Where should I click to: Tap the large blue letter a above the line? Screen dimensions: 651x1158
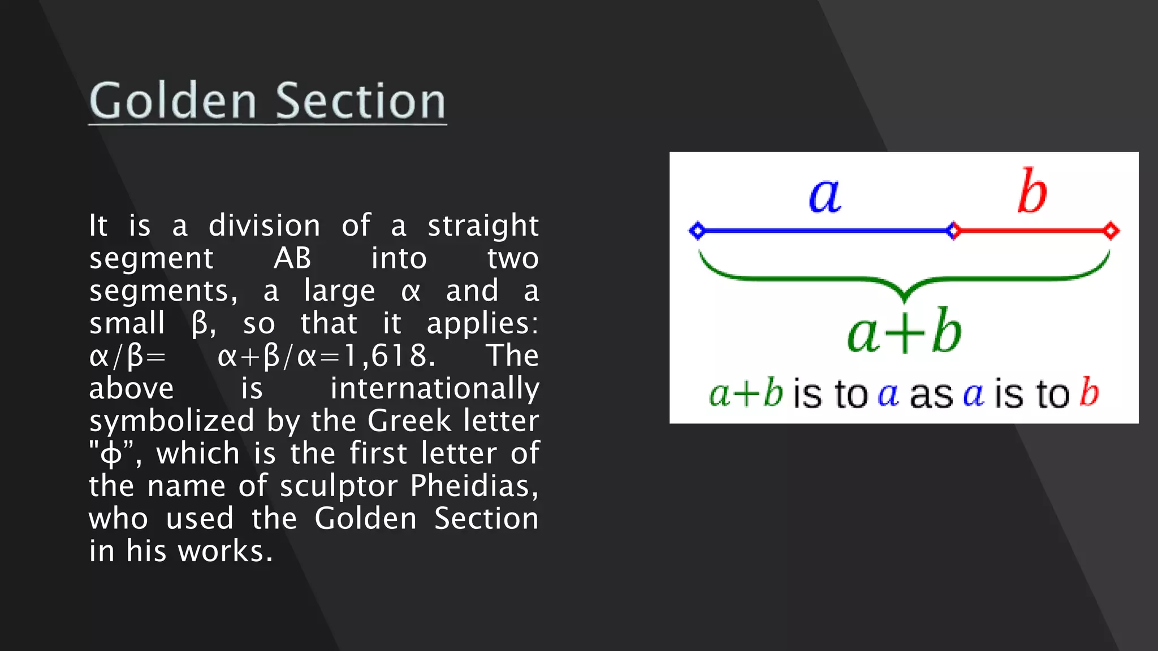(825, 196)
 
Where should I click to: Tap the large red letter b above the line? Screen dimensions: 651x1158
(1032, 192)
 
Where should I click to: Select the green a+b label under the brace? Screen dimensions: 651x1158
(904, 332)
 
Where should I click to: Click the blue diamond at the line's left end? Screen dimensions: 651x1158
(697, 231)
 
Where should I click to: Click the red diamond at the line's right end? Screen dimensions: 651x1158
(1111, 231)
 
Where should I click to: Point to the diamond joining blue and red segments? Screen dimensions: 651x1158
(953, 231)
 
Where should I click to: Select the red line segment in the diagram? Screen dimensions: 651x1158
(1032, 231)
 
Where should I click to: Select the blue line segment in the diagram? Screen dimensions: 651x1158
(825, 231)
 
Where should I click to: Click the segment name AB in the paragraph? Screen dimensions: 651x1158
(292, 258)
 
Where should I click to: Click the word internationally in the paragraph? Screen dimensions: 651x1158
(434, 389)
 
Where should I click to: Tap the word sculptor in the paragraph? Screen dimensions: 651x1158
(339, 487)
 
